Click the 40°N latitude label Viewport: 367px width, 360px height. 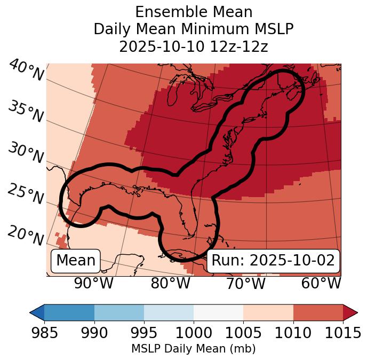tap(26, 71)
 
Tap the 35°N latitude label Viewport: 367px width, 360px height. tap(26, 112)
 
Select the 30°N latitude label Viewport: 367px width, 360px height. tap(26, 153)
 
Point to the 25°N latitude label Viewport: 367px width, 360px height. tap(26, 194)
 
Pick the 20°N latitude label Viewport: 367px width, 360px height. tap(26, 236)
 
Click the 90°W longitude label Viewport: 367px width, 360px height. tap(94, 283)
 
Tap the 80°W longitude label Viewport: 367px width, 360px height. tap(170, 283)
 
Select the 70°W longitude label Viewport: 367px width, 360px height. tap(246, 283)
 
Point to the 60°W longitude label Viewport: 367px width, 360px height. tap(321, 283)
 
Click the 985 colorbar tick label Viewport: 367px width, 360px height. tap(44, 333)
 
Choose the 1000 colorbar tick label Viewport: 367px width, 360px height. tap(194, 333)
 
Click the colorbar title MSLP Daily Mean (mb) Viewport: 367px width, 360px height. tap(193, 349)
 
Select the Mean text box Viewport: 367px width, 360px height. tap(76, 261)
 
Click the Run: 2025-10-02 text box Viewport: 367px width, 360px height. tap(273, 261)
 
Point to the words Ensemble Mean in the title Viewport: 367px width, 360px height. tap(193, 12)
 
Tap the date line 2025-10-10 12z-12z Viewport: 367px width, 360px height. tap(193, 46)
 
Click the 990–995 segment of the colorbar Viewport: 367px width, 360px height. tap(119, 312)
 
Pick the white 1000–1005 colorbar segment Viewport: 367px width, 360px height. tap(218, 312)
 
